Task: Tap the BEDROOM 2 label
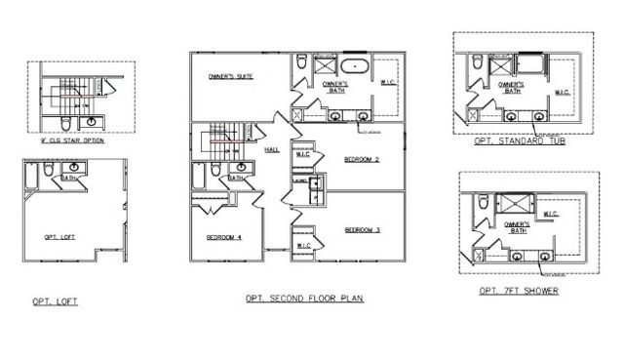pos(362,159)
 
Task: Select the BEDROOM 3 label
pos(362,230)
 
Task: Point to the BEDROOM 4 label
pos(222,238)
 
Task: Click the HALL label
pos(273,149)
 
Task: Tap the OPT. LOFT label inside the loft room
pos(60,237)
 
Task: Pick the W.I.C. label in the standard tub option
pos(563,94)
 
